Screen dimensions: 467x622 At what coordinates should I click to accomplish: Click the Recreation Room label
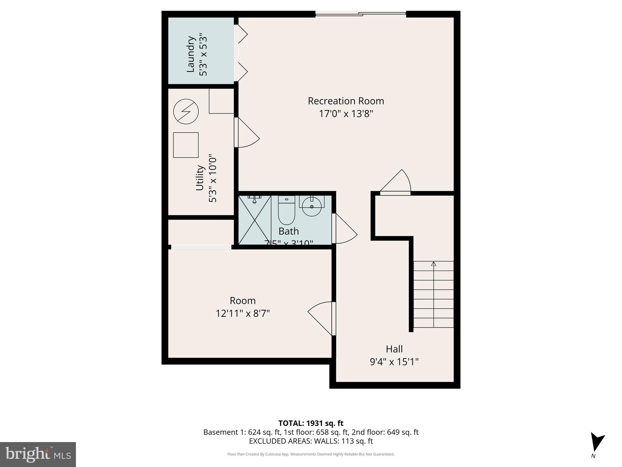[346, 101]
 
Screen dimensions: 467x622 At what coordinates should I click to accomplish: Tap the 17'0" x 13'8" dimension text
[346, 114]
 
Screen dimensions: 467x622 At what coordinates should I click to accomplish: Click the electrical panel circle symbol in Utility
[186, 111]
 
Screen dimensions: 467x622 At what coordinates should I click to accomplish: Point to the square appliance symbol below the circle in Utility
[186, 145]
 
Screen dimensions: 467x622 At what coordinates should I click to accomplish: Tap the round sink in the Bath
[312, 206]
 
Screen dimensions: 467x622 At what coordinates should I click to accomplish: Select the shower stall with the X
[255, 220]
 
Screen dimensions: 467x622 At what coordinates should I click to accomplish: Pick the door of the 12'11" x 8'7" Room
[320, 318]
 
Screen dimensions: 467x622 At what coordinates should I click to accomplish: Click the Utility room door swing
[248, 134]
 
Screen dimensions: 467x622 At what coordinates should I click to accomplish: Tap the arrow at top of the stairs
[434, 264]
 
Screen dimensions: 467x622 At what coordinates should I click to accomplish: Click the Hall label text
[394, 349]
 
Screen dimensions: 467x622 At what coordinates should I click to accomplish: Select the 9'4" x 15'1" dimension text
[394, 362]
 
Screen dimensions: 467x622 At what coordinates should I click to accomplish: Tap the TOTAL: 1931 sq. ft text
[311, 423]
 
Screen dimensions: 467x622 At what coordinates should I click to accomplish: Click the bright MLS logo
[38, 454]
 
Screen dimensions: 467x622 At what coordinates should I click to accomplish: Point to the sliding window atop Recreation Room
[361, 14]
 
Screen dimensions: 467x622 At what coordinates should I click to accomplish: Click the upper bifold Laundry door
[242, 34]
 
